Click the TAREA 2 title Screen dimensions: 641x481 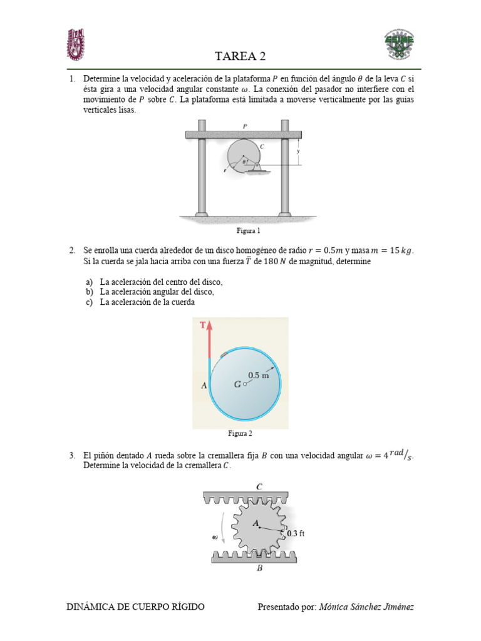[x=240, y=56]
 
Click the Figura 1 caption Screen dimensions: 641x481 [x=240, y=231]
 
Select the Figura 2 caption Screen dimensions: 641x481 [x=240, y=433]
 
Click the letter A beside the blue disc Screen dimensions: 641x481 [x=204, y=386]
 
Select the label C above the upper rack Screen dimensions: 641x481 [x=259, y=486]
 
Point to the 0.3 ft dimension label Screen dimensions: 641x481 [x=295, y=534]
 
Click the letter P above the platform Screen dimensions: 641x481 [x=245, y=126]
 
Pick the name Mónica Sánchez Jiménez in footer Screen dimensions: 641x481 [x=366, y=607]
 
